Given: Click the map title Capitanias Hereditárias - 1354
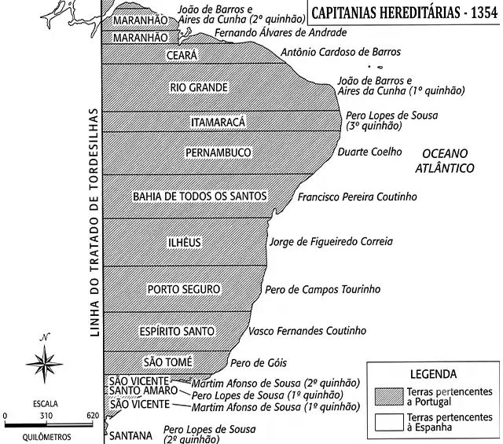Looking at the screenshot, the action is coord(405,13).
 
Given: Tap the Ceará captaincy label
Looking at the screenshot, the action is coord(182,55).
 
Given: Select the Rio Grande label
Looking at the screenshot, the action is coord(199,87).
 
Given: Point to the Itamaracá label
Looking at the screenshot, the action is coord(218,122).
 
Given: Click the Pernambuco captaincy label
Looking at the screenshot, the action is coord(218,152).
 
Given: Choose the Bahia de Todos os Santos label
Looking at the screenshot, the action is coord(200,196).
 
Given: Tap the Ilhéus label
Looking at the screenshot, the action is coord(185,242).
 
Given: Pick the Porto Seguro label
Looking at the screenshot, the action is coord(184,289).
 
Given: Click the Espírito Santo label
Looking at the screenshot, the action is coord(177,331).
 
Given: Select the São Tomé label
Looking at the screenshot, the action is coord(167,361).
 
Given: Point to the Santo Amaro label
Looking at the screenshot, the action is coord(143,391).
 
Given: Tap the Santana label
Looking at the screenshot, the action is coord(130,435).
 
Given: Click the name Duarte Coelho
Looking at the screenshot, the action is coord(369,152).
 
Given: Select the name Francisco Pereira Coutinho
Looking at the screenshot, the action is coord(358,196).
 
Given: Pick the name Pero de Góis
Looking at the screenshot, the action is coord(259,363).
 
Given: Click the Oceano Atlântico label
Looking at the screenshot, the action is coord(445,161).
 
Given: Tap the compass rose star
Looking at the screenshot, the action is coord(45,364).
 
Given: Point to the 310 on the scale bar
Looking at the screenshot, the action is coord(46,416).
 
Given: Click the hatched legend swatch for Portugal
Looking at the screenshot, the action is coord(389,397).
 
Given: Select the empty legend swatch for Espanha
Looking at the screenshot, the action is coord(389,422).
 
